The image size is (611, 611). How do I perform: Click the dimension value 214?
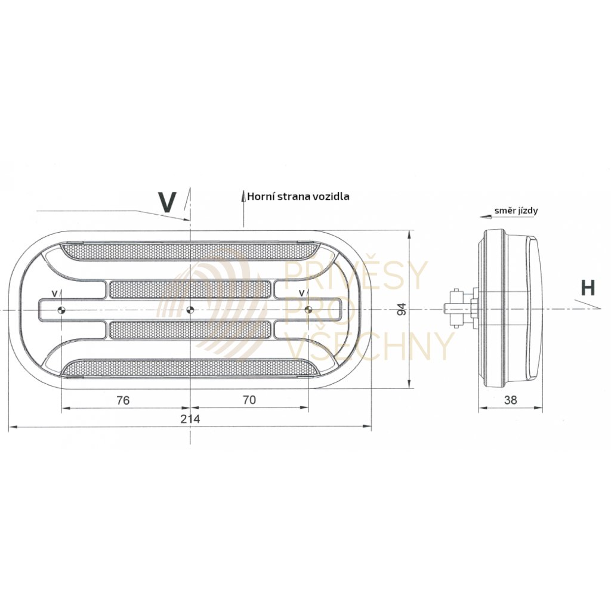(x=190, y=418)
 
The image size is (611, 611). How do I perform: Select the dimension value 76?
(x=123, y=400)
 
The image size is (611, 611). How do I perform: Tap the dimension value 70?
(x=249, y=400)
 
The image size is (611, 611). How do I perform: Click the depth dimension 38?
(x=510, y=400)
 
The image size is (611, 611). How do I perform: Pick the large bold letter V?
(x=167, y=202)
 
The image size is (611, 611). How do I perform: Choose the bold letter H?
(x=588, y=288)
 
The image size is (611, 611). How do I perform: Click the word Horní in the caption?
(x=260, y=196)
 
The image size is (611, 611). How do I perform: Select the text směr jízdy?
(x=516, y=211)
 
